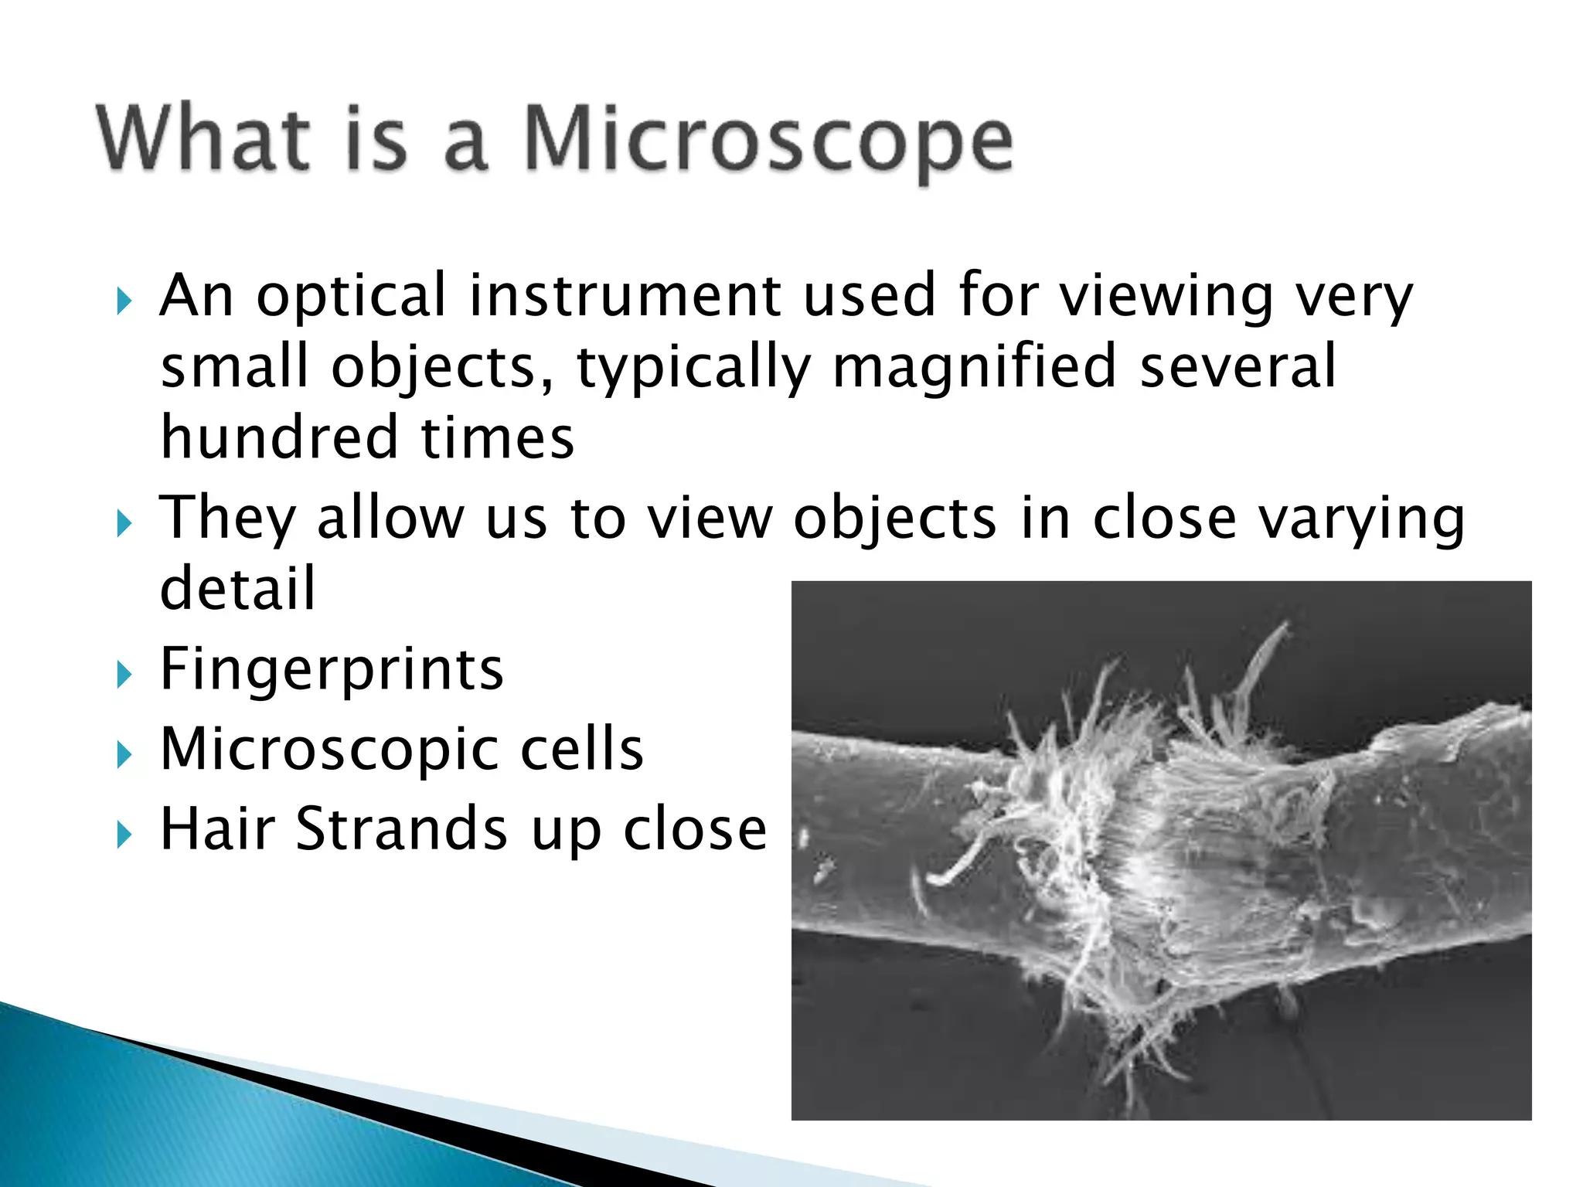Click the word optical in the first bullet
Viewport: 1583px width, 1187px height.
pyautogui.click(x=352, y=297)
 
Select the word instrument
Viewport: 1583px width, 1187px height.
pyautogui.click(x=625, y=295)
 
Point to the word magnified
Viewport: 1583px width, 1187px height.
pyautogui.click(x=975, y=366)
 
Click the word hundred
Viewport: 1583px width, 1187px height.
pyautogui.click(x=279, y=437)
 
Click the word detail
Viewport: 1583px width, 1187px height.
pyautogui.click(x=237, y=587)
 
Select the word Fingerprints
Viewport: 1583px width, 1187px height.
pyautogui.click(x=332, y=669)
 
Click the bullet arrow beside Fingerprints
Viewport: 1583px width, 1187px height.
pyautogui.click(x=124, y=675)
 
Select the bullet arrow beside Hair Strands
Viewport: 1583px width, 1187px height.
pyautogui.click(x=124, y=835)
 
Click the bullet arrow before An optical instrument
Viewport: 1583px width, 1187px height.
pyautogui.click(x=124, y=301)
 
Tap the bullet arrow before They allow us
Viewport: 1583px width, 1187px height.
pyautogui.click(x=124, y=523)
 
